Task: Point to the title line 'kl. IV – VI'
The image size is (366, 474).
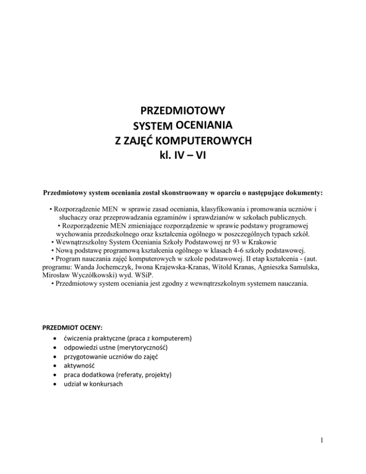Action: (183, 155)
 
